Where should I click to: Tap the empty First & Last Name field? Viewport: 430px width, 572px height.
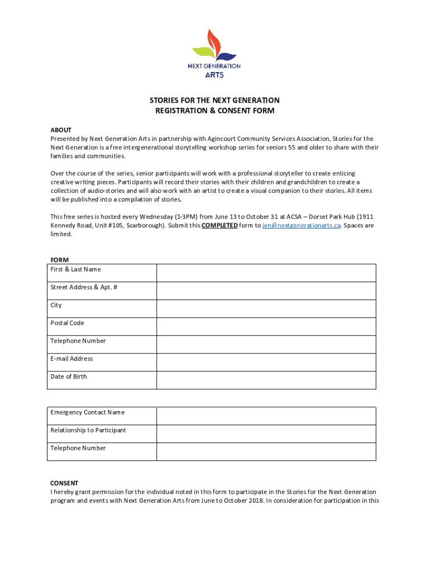pyautogui.click(x=266, y=273)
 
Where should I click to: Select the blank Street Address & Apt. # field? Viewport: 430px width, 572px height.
pyautogui.click(x=266, y=291)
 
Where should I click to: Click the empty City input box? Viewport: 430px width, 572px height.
pyautogui.click(x=266, y=309)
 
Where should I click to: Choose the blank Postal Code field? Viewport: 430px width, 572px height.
pyautogui.click(x=266, y=327)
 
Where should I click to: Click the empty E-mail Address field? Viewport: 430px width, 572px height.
pyautogui.click(x=266, y=363)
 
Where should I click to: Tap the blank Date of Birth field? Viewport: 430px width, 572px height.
pyautogui.click(x=266, y=380)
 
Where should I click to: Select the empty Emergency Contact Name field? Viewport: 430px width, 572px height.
pyautogui.click(x=266, y=416)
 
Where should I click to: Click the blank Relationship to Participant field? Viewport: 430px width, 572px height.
pyautogui.click(x=266, y=434)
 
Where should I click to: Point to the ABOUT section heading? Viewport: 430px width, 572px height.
pyautogui.click(x=61, y=130)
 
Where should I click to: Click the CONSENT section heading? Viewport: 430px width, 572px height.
pyautogui.click(x=64, y=483)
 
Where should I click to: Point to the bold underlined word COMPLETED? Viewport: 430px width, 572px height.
pyautogui.click(x=219, y=226)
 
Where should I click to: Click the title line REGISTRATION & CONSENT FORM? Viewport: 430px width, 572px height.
pyautogui.click(x=214, y=111)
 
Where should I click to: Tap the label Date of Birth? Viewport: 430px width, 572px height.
pyautogui.click(x=69, y=376)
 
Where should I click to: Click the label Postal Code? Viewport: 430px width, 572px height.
pyautogui.click(x=67, y=323)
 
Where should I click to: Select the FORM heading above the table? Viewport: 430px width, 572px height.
pyautogui.click(x=60, y=260)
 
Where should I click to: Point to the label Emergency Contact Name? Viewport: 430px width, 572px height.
pyautogui.click(x=88, y=412)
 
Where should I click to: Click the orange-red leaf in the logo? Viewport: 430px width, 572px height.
pyautogui.click(x=213, y=41)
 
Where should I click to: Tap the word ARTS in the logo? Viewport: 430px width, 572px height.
pyautogui.click(x=214, y=75)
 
